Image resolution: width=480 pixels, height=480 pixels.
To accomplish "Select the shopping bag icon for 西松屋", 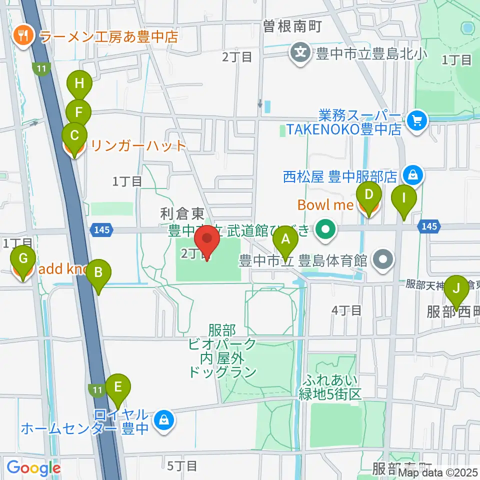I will pos(413,175).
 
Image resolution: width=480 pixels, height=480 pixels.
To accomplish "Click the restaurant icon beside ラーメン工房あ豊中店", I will pos(23,35).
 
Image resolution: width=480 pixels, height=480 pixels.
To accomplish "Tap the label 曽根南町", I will pos(292,26).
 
